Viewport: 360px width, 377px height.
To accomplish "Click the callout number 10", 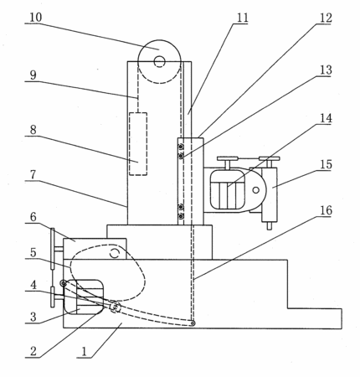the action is click(x=36, y=18).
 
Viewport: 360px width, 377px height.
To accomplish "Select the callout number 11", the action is click(x=242, y=18).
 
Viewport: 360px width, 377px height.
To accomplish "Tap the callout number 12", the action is click(x=326, y=18).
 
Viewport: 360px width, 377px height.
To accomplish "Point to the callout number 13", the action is click(x=326, y=70).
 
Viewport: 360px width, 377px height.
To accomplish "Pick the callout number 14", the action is click(x=326, y=118).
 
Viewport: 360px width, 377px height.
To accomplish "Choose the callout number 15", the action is click(x=326, y=164).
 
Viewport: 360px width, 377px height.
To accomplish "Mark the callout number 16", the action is click(x=326, y=210).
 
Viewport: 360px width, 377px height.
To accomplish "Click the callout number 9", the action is click(x=33, y=75).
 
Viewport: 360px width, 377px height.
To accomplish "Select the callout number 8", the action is click(x=33, y=130).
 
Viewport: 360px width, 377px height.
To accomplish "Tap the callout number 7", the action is click(x=33, y=174).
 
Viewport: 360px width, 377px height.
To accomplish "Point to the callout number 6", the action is click(x=33, y=217).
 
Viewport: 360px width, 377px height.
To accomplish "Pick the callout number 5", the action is click(x=33, y=252).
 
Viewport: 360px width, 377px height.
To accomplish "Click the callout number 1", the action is click(x=85, y=352).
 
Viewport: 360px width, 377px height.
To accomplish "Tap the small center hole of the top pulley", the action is click(x=159, y=61).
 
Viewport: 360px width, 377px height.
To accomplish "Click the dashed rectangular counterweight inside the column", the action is click(x=138, y=144).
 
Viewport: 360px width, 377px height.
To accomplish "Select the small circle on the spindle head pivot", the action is click(x=255, y=190).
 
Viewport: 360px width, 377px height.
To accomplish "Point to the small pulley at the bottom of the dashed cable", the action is click(x=192, y=323).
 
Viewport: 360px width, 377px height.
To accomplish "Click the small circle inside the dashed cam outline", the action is click(x=115, y=253).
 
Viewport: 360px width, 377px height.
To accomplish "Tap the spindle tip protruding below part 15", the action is click(x=269, y=226).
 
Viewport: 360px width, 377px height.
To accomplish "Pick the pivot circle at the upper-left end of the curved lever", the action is click(x=64, y=283).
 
